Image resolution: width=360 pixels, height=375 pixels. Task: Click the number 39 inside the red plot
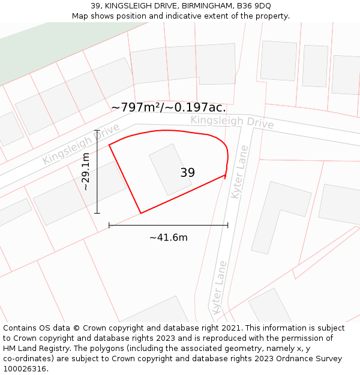[187, 173]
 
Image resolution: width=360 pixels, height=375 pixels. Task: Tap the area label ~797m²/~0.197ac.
[169, 107]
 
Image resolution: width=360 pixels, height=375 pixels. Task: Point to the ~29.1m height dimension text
[86, 172]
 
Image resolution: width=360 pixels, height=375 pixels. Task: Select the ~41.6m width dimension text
[169, 238]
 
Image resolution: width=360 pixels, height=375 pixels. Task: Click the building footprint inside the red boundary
[170, 169]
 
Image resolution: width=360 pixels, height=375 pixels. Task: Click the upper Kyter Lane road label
[239, 172]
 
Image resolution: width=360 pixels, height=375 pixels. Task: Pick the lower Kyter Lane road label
[219, 287]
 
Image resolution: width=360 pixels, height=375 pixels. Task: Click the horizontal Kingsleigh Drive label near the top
[232, 122]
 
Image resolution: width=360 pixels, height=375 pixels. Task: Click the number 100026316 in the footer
[25, 369]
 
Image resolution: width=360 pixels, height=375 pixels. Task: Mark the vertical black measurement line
[97, 172]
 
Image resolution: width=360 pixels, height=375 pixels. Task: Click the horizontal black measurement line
[169, 226]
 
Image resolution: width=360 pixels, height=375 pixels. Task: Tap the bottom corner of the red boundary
[140, 213]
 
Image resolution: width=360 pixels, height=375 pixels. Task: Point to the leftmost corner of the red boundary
[109, 145]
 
